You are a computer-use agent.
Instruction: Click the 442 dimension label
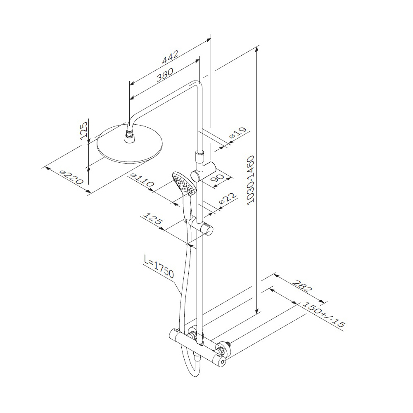point(171,57)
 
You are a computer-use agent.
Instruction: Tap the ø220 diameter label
point(71,177)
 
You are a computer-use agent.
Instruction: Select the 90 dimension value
point(217,178)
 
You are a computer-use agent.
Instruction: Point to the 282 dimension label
point(302,286)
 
